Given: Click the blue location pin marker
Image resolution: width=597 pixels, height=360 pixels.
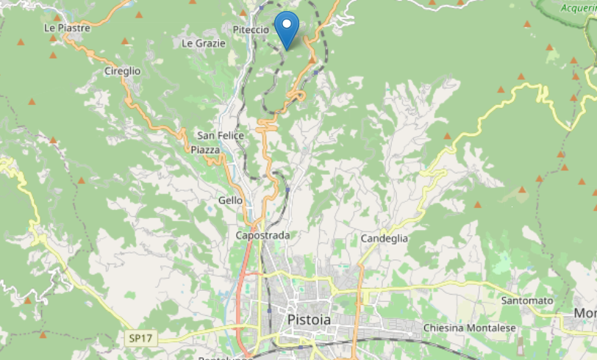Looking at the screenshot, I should [287, 27].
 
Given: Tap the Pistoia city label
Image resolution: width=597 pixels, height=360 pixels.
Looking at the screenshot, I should [309, 320].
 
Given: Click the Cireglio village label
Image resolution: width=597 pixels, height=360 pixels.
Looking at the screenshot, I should [122, 71].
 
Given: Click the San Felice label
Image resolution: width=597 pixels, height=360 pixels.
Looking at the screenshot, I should [220, 135].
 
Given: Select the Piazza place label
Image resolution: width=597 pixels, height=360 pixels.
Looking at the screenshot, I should [205, 150].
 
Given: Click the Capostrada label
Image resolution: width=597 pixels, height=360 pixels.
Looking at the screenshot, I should [262, 235].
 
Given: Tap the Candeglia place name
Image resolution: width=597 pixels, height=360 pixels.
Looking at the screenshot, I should [384, 239].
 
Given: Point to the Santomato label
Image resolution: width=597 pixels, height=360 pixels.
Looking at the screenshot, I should [526, 300].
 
